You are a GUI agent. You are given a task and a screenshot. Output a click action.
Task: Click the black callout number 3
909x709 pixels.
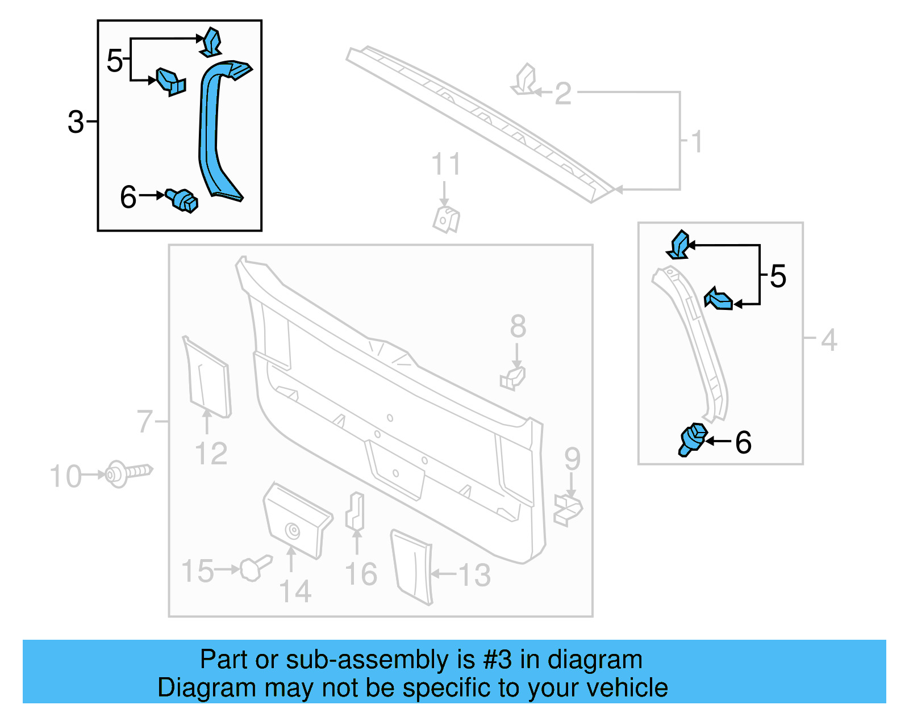(x=76, y=122)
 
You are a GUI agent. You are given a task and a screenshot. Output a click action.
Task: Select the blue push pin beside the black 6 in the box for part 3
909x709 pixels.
(x=182, y=200)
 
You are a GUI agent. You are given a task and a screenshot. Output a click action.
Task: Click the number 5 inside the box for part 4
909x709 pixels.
(x=778, y=276)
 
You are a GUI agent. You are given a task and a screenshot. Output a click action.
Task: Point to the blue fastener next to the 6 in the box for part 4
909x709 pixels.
(x=693, y=439)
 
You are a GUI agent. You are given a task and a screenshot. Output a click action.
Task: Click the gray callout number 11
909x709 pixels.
(x=446, y=165)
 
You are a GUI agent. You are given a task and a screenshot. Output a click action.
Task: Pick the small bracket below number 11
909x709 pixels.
(x=447, y=220)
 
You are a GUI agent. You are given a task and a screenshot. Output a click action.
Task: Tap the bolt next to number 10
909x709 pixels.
(x=128, y=473)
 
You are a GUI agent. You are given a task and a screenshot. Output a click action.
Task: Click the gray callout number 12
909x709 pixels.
(x=211, y=454)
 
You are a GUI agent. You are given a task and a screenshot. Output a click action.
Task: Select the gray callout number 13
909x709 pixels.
(x=474, y=575)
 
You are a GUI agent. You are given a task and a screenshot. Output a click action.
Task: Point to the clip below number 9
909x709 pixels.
(x=568, y=509)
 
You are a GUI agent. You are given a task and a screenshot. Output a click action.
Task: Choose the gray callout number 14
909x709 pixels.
(x=295, y=591)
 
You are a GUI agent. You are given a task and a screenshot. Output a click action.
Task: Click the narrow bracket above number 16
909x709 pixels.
(x=356, y=511)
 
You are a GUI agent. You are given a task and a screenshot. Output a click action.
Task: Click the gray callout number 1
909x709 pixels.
(x=697, y=141)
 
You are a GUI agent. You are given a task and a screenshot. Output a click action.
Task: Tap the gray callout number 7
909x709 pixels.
(x=145, y=422)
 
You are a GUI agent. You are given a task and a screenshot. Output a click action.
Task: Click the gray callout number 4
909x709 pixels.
(x=829, y=340)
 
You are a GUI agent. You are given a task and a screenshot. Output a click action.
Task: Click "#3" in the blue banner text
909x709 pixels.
(x=498, y=660)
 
